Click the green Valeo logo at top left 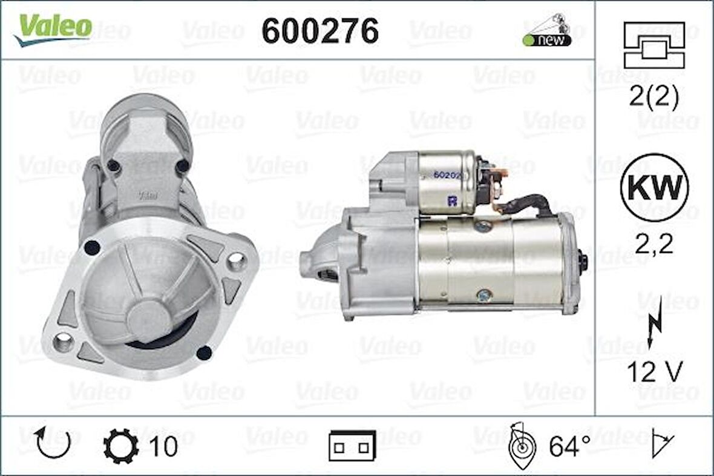coord(53,28)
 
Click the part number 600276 coord(320,31)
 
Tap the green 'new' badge coord(547,40)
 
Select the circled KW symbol coord(655,187)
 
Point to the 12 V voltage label coord(655,372)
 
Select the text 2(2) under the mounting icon coord(654,96)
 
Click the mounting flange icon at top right coord(654,45)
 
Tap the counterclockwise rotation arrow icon coord(54,443)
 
